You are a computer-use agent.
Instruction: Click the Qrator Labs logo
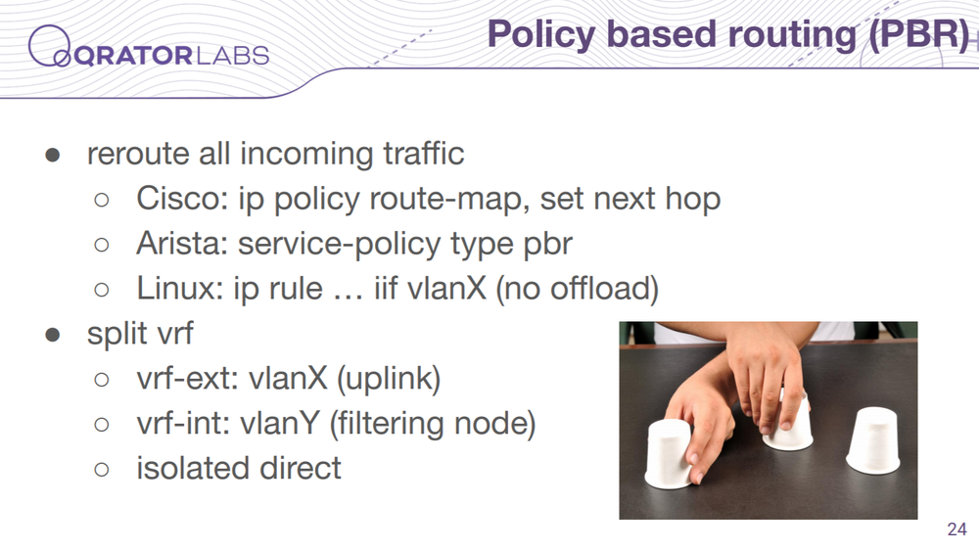click(x=149, y=47)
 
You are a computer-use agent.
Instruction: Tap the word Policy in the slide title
click(x=541, y=35)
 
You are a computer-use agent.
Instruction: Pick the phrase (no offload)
click(x=578, y=289)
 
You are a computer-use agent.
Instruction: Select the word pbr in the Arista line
click(x=547, y=245)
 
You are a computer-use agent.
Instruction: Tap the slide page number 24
click(x=957, y=529)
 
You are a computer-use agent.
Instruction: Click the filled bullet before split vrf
click(x=53, y=335)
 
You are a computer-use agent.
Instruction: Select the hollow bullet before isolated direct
click(x=101, y=469)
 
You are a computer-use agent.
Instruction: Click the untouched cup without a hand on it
click(x=873, y=440)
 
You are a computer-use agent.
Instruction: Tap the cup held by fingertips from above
click(x=788, y=424)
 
